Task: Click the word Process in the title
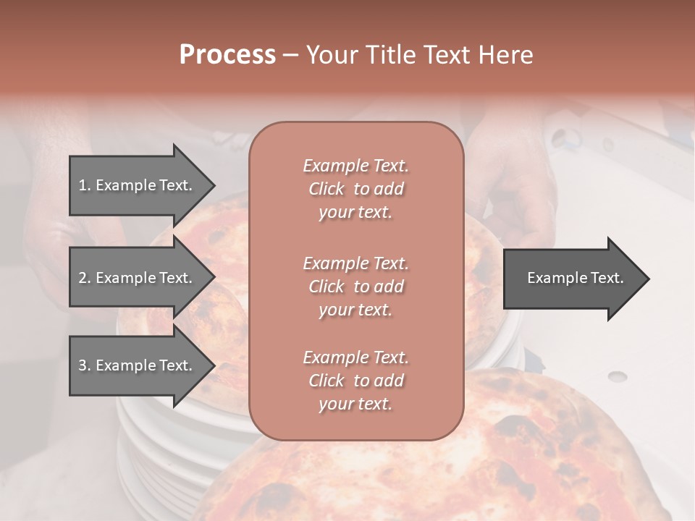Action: tap(227, 55)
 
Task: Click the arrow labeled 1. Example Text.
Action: tap(138, 185)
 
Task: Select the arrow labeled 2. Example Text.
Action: tap(138, 278)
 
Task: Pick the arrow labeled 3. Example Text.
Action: tap(138, 365)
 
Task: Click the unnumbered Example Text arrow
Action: tap(575, 279)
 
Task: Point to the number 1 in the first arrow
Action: tap(83, 185)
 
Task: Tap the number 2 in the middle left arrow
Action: tap(83, 278)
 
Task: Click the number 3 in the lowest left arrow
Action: tap(83, 365)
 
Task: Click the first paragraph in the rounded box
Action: tap(355, 189)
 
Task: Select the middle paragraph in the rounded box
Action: tap(355, 287)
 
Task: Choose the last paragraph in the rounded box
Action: tap(355, 381)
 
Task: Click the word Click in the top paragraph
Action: tap(327, 189)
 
